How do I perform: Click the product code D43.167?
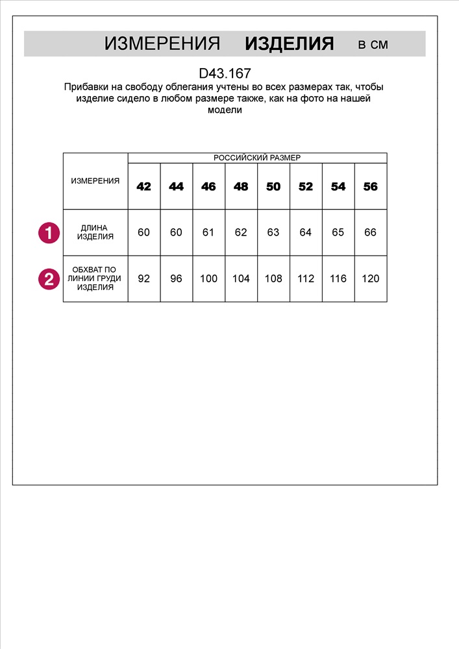coord(225,73)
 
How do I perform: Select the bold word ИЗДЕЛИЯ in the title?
coord(289,44)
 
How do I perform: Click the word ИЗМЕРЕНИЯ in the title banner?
coord(162,44)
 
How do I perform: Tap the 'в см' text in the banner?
coord(373,44)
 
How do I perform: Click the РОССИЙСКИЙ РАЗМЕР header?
coord(257,158)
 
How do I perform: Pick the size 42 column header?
coord(144,186)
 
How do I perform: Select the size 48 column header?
coord(241,186)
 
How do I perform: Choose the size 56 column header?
coord(370,186)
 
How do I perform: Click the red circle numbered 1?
coord(49,232)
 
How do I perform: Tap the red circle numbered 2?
coord(49,279)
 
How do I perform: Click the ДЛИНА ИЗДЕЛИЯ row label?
coord(95,232)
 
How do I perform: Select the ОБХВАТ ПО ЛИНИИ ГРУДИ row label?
coord(95,278)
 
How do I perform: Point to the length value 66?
coord(370,232)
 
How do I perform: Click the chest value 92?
coord(144,278)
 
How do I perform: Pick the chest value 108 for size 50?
coord(273,278)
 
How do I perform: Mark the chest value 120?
coord(370,278)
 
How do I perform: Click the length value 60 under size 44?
coord(176,232)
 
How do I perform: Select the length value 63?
coord(273,232)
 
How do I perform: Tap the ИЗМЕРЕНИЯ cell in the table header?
coord(95,181)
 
